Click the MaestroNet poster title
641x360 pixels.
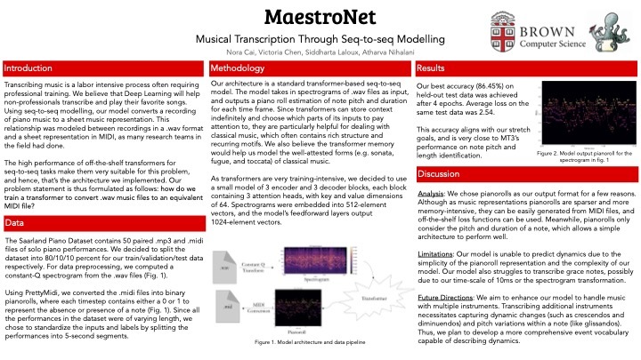pos(319,18)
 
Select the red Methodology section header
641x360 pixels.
pos(236,68)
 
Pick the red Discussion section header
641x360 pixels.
pos(437,173)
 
